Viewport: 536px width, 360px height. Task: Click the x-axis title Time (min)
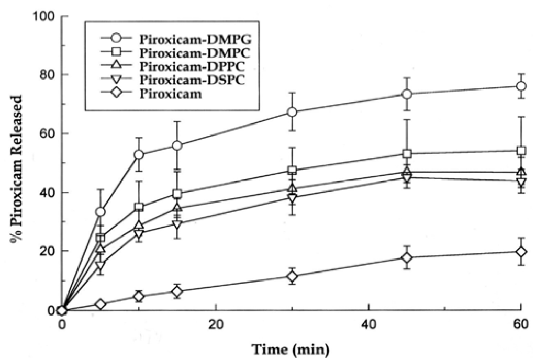point(291,347)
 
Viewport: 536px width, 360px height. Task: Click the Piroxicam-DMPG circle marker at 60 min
point(521,86)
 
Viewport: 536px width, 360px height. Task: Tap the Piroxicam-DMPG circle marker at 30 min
point(292,112)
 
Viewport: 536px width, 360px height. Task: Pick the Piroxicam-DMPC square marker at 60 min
point(521,151)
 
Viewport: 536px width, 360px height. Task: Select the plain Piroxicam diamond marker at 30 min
point(292,276)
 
